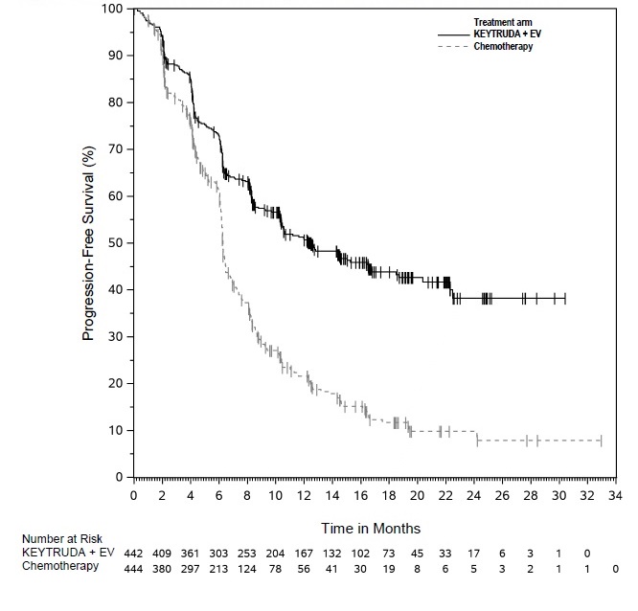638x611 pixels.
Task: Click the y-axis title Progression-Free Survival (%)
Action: click(x=89, y=243)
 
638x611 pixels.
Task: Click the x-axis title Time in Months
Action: click(x=369, y=528)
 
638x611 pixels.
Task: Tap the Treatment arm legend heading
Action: click(x=502, y=21)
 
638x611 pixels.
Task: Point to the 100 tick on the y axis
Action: click(x=113, y=9)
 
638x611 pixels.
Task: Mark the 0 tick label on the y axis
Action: click(x=120, y=477)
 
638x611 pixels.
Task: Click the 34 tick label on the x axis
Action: click(x=614, y=496)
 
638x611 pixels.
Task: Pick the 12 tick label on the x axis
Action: click(x=304, y=496)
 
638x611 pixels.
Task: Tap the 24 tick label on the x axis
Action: click(x=473, y=496)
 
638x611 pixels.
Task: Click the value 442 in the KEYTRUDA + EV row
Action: click(x=134, y=553)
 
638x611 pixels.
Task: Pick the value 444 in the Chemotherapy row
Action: click(x=134, y=566)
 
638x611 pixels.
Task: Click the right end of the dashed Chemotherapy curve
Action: click(x=601, y=441)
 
